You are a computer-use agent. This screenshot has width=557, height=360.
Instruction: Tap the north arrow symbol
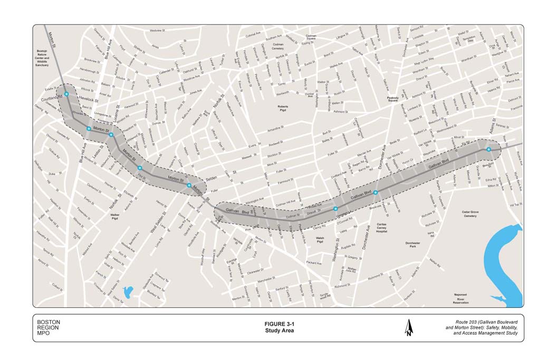click(409, 328)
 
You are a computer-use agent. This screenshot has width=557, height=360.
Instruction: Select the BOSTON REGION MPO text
click(49, 328)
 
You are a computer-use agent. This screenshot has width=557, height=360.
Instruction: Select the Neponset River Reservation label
click(461, 299)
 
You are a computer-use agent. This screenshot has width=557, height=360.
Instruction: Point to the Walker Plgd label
click(116, 217)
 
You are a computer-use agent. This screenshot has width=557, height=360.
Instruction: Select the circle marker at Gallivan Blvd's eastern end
click(488, 150)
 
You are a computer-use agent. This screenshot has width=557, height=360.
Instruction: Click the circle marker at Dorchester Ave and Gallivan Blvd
click(376, 193)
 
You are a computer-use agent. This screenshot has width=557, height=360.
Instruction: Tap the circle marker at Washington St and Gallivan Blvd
click(335, 209)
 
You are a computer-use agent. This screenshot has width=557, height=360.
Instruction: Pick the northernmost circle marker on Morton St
click(66, 94)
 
